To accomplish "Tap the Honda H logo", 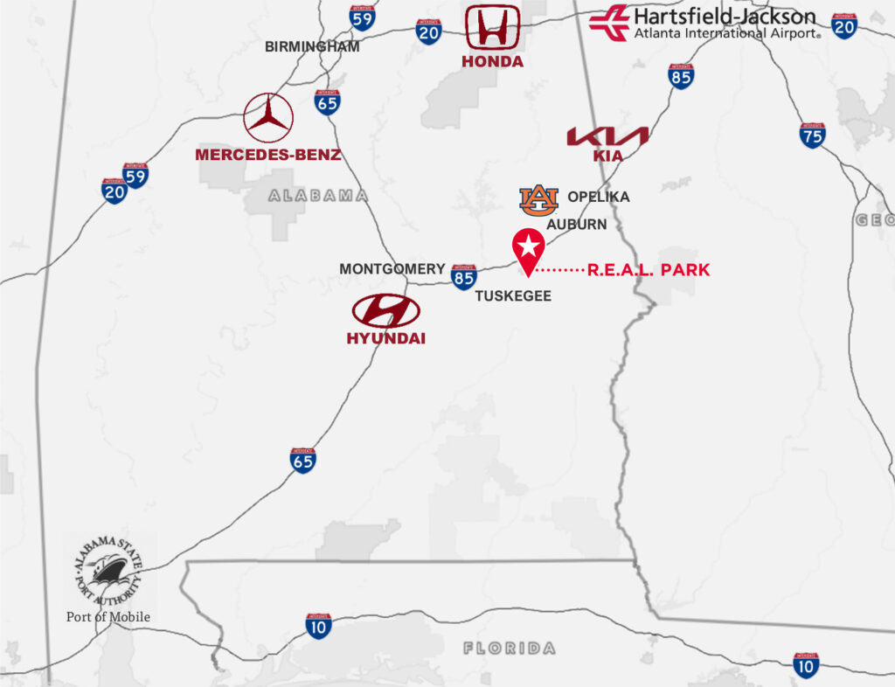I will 493,27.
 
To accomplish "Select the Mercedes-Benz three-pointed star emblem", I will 268,118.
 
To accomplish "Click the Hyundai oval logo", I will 385,310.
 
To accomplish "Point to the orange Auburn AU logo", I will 538,200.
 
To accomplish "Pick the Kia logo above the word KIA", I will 607,136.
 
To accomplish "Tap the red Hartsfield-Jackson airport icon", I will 609,22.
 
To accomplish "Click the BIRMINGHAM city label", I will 312,47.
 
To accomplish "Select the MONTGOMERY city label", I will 392,269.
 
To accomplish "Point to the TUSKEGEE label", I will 513,296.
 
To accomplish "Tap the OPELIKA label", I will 599,197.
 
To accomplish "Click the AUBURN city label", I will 577,225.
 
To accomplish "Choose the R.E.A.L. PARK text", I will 649,271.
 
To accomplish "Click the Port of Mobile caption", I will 108,617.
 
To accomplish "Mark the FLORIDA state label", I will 509,649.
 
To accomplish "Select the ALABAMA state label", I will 318,196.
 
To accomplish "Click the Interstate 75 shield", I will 813,135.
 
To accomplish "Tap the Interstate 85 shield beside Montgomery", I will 464,277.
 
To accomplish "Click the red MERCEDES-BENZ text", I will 267,155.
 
